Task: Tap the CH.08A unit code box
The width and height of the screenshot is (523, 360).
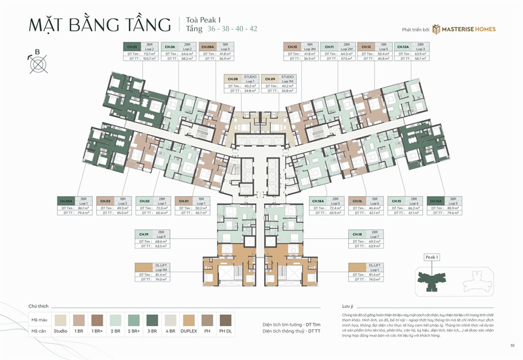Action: point(207,47)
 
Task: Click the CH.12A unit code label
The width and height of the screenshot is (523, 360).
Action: point(403,47)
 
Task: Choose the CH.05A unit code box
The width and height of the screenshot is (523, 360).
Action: point(66,201)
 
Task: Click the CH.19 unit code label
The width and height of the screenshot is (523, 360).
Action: point(144,233)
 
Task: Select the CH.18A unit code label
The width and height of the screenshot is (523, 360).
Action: point(318,201)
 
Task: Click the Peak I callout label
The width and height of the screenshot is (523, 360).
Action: point(431,257)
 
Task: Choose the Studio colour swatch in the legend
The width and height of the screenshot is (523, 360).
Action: point(61,320)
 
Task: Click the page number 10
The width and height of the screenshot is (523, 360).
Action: point(512,346)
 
